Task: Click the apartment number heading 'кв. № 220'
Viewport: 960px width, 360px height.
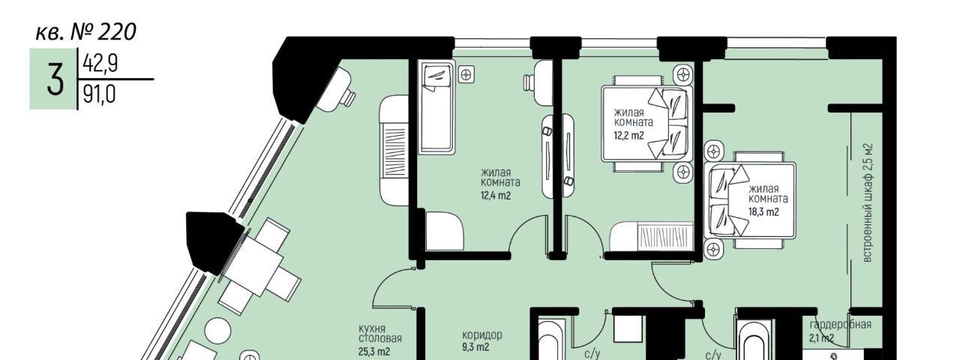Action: click(85, 31)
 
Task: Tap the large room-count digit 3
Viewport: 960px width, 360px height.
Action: click(55, 79)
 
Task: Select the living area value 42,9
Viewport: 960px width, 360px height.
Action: click(100, 64)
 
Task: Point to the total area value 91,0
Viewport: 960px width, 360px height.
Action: click(99, 94)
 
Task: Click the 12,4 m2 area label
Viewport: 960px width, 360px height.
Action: click(496, 196)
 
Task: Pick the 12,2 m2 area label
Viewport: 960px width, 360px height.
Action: click(628, 136)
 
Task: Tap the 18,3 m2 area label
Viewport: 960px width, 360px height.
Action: click(763, 211)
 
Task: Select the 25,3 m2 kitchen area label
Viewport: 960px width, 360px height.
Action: click(374, 352)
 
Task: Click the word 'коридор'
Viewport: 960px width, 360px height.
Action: click(482, 334)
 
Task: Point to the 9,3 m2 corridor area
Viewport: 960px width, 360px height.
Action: click(475, 346)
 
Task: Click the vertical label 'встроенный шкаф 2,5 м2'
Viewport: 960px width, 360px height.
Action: click(868, 202)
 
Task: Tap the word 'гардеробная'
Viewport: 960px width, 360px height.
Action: click(840, 325)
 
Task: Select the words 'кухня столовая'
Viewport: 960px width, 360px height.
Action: click(380, 334)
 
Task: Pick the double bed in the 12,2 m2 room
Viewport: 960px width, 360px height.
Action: click(647, 124)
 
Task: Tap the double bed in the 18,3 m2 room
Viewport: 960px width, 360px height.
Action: click(750, 200)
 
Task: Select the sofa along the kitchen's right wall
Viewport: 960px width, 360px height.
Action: click(394, 150)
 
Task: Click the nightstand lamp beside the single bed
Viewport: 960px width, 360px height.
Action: click(466, 76)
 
